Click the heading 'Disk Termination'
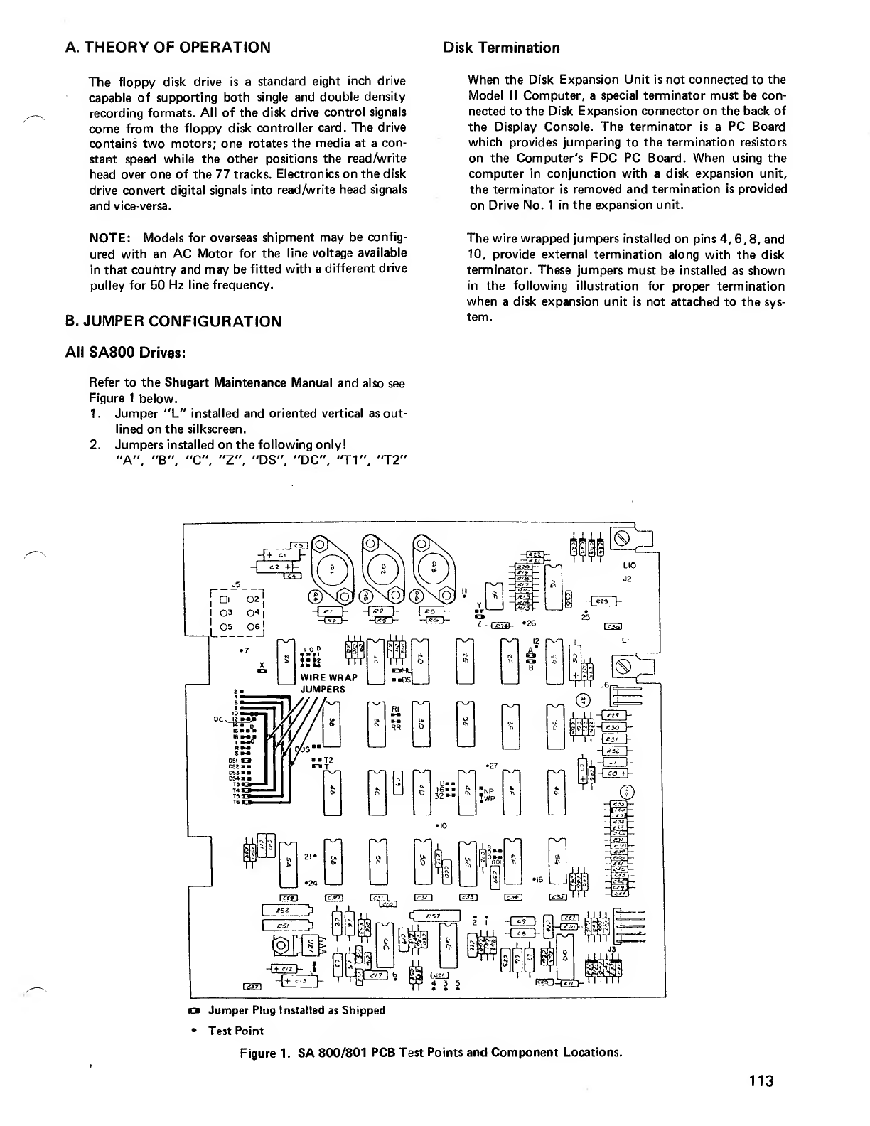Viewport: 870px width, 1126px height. pyautogui.click(x=501, y=48)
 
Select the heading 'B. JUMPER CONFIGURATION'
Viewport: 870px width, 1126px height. pyautogui.click(x=173, y=321)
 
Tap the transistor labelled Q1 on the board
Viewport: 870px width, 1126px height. pyautogui.click(x=330, y=569)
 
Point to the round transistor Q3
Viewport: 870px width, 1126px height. pyautogui.click(x=434, y=569)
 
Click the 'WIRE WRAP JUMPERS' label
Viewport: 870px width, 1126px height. pyautogui.click(x=328, y=683)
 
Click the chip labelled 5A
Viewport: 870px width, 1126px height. pyautogui.click(x=288, y=863)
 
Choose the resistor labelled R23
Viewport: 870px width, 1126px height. pyautogui.click(x=603, y=599)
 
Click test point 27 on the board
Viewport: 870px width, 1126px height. pyautogui.click(x=490, y=766)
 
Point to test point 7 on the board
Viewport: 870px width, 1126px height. pyautogui.click(x=243, y=649)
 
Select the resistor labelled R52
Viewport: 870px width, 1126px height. pyautogui.click(x=286, y=911)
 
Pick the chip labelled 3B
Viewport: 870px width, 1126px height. pyautogui.click(x=332, y=723)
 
